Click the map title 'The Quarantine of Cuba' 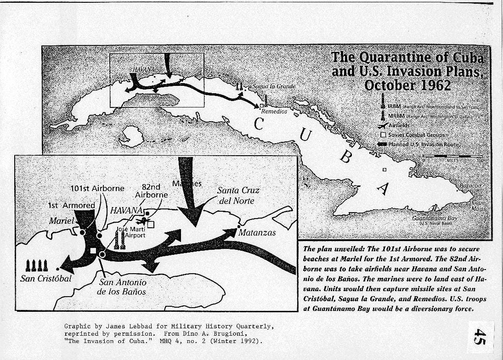(407, 58)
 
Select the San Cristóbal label (46, 279)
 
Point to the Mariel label (62, 221)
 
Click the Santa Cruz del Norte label (238, 195)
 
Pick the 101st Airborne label (97, 188)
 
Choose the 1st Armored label (71, 206)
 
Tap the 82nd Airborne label (151, 191)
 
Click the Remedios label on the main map (274, 111)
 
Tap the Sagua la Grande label (271, 86)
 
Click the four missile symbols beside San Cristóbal (36, 265)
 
